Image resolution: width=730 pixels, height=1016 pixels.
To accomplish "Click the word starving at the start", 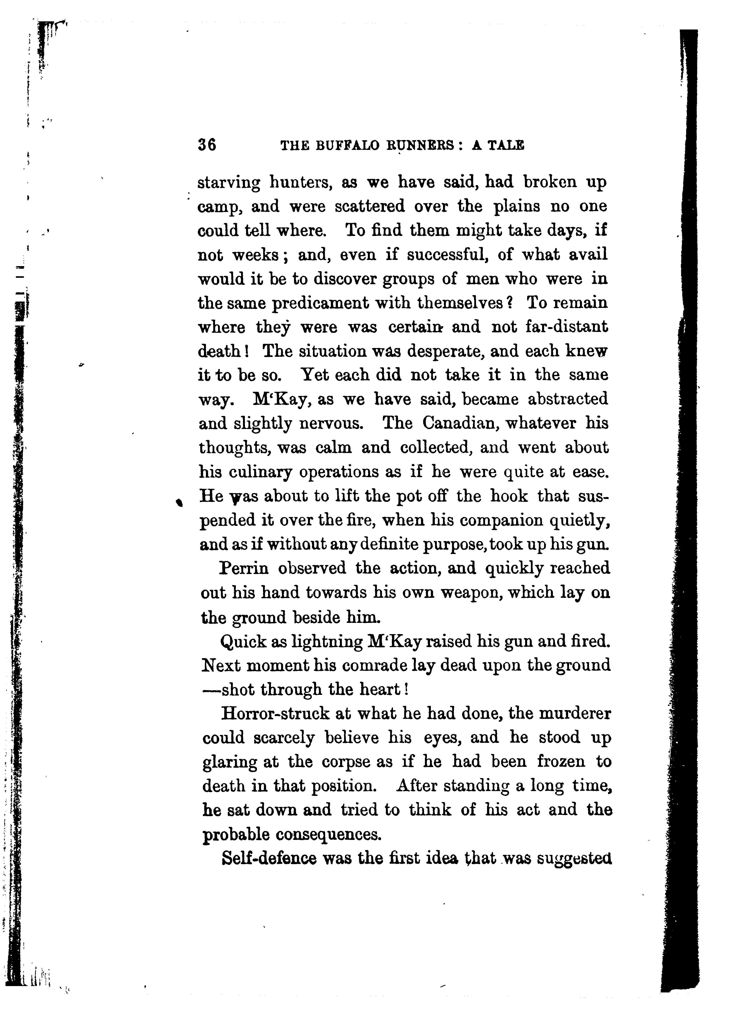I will pos(229,183).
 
